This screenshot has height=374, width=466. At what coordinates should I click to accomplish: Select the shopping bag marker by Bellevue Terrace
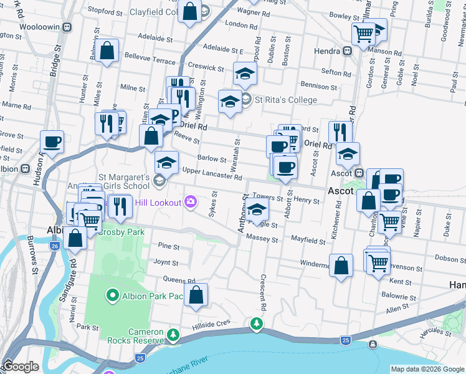coord(107,52)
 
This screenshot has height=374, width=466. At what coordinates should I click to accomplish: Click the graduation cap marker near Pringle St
coord(256,211)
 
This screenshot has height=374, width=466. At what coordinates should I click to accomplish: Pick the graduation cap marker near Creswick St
coord(245,74)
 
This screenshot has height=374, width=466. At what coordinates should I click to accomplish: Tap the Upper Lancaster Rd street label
coord(212,176)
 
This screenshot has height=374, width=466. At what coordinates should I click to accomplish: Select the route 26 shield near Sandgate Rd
coord(55,246)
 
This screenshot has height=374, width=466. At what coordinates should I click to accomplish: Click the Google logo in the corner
coord(21,367)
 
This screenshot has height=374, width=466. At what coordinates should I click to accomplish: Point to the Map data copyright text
coord(427,369)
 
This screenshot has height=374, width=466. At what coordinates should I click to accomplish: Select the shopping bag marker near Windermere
coord(341,266)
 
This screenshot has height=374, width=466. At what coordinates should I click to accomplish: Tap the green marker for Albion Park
coord(113,295)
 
